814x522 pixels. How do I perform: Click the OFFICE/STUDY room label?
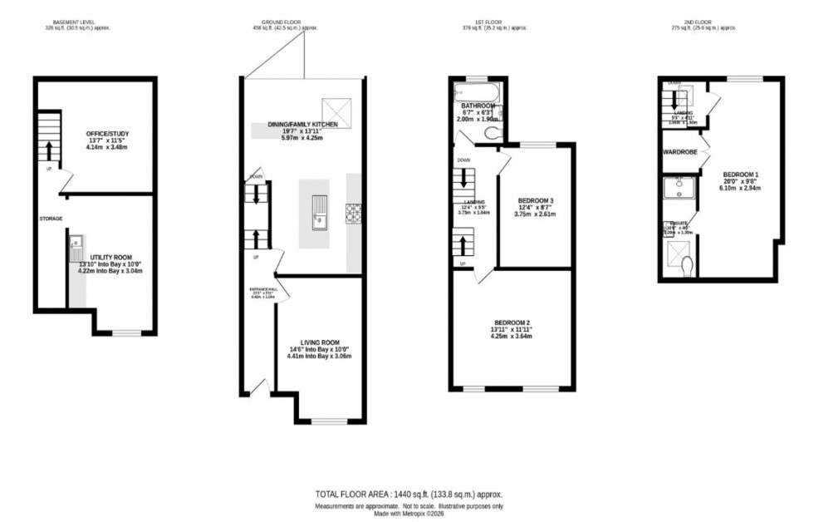(x=105, y=134)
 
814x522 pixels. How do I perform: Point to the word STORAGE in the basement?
(x=51, y=219)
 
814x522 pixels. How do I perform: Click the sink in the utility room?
(x=76, y=248)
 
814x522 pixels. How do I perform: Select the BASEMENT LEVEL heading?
(x=78, y=21)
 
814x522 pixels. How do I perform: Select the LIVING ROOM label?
(x=320, y=342)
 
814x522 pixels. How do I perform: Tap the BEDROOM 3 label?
(x=535, y=201)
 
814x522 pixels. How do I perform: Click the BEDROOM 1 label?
(x=741, y=174)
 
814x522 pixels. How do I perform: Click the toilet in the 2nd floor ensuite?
(x=686, y=265)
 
